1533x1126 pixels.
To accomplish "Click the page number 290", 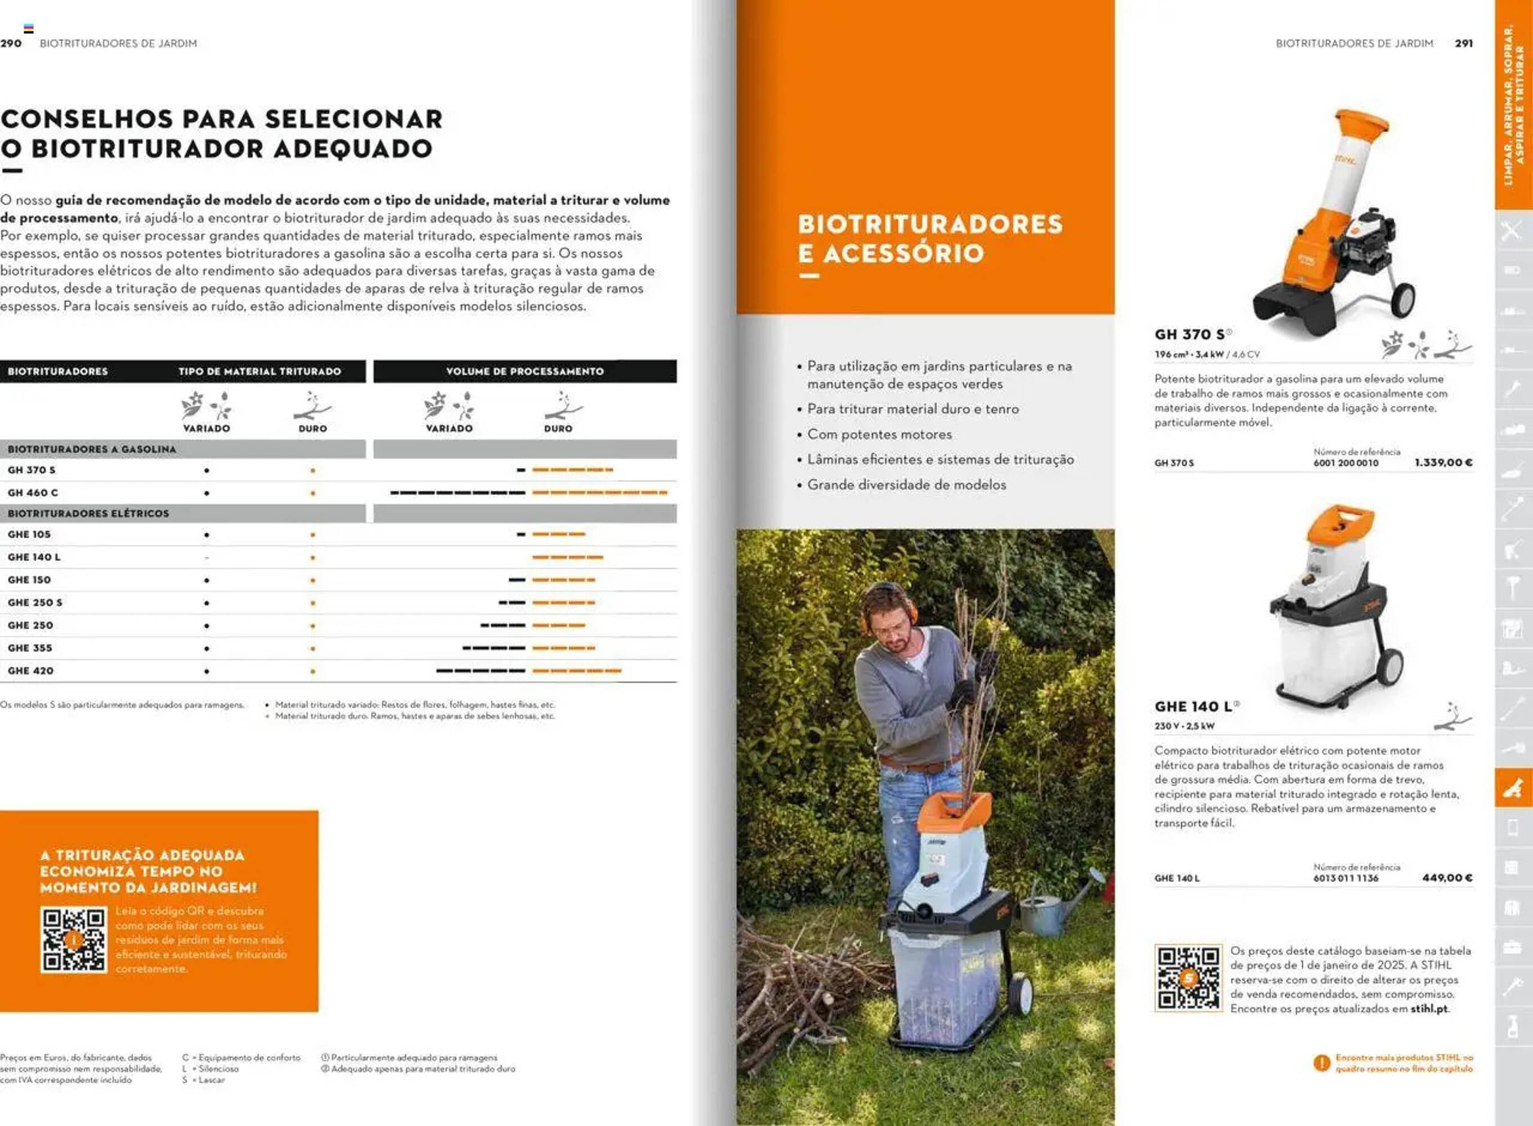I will coord(11,43).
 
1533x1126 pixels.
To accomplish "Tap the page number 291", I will coord(1464,43).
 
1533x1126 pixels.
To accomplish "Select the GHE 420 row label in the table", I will coord(30,671).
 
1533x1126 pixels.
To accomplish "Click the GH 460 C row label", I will coord(33,492).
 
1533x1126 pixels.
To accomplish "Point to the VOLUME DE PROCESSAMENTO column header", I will coord(524,372).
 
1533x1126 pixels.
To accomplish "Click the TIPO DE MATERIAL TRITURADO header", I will coord(259,372).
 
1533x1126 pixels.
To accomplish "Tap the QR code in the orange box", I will coord(74,939).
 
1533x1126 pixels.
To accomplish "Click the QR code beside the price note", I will coord(1187,977).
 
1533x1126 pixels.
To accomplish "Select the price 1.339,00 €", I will coord(1443,462).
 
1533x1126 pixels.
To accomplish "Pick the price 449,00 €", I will coord(1446,877).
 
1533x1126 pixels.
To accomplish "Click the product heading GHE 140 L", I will coord(1193,706).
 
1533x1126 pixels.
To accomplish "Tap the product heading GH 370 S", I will coord(1189,334).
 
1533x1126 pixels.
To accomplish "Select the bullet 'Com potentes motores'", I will coord(879,434).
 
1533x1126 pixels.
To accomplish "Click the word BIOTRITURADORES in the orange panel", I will coord(929,224).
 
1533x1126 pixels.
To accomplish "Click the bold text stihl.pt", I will coord(1429,1009).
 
